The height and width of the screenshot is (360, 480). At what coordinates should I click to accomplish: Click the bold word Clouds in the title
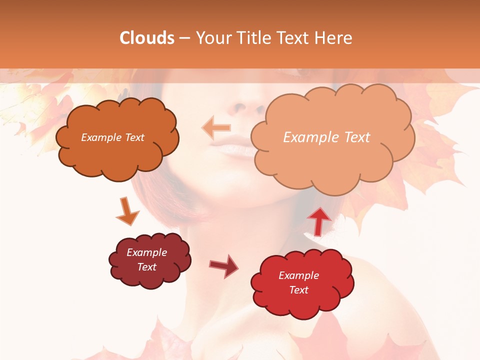click(147, 38)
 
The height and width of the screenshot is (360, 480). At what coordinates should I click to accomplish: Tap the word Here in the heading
click(333, 38)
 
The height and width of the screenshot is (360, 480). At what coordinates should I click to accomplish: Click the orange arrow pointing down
click(127, 211)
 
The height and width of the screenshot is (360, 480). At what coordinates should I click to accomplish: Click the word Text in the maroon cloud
click(147, 267)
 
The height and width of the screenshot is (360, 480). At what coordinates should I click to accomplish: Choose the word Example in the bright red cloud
click(298, 275)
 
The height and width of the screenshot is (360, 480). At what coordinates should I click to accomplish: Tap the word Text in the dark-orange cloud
click(133, 137)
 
